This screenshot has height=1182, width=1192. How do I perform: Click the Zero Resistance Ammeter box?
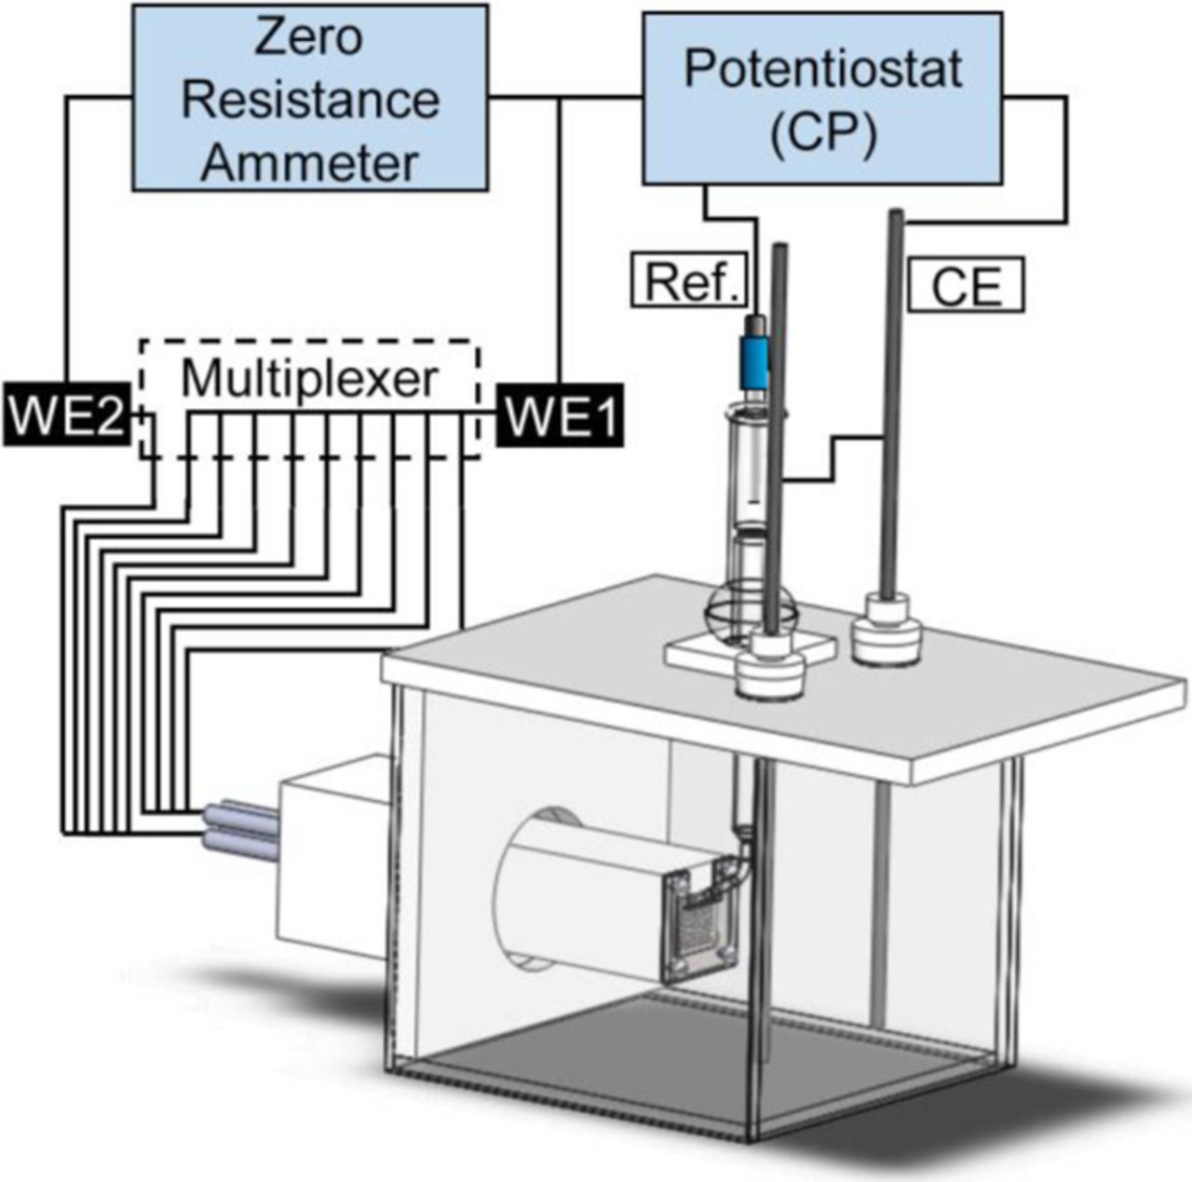(x=310, y=97)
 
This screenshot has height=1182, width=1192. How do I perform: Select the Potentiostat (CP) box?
(x=822, y=97)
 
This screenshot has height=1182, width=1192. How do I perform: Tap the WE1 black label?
(x=560, y=417)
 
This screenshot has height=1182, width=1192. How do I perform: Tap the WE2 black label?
(x=65, y=417)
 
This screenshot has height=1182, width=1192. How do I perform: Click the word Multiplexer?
(x=309, y=380)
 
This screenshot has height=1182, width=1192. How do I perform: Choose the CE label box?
(x=966, y=286)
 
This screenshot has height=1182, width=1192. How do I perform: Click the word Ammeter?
(x=310, y=162)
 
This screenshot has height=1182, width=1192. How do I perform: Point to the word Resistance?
(x=310, y=101)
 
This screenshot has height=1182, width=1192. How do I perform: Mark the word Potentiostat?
(x=822, y=69)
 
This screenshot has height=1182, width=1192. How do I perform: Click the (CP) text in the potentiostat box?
(x=823, y=133)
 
